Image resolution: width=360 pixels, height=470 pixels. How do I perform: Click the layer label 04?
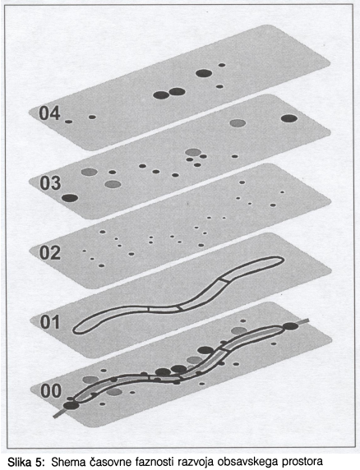tap(50, 113)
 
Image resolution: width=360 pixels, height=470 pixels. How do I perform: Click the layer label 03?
tap(50, 183)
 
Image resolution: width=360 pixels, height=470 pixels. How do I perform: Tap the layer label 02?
tap(50, 253)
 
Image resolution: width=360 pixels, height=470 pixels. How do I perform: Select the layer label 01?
tap(50, 322)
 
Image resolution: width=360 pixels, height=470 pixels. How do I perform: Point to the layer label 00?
tap(51, 391)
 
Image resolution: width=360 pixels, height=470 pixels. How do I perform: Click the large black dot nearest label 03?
tap(70, 198)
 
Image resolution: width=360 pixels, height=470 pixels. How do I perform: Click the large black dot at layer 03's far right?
tap(289, 118)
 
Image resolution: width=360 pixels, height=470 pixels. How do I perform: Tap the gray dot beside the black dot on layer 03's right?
tap(238, 123)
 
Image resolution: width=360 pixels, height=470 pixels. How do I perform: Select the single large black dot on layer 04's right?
tap(204, 73)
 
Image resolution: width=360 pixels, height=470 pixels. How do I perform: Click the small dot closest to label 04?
tap(69, 122)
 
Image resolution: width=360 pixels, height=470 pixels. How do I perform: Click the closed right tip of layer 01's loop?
tap(283, 260)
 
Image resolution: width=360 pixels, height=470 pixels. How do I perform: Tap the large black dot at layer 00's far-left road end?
tap(72, 406)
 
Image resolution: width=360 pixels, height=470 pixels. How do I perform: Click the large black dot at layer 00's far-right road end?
tap(290, 326)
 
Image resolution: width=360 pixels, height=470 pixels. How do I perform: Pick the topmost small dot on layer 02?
tap(242, 182)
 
